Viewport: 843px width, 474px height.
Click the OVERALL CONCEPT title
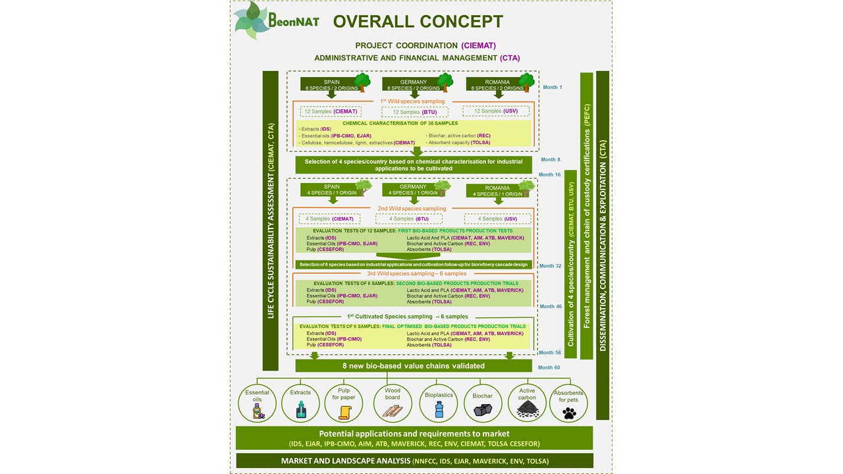(418, 21)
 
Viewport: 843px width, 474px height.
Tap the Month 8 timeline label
(550, 159)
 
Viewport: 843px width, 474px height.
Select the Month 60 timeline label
(549, 367)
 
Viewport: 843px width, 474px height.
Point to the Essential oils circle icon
(257, 403)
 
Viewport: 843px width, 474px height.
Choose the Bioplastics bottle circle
(438, 403)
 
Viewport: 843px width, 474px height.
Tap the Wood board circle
(393, 403)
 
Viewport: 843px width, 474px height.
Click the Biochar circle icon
(483, 403)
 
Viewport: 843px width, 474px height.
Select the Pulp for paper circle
(344, 403)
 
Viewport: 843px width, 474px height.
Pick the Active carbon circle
(527, 403)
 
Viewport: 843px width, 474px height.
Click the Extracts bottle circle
(300, 403)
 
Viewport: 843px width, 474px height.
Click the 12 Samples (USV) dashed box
(495, 111)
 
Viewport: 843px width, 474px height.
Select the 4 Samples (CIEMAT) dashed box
(330, 219)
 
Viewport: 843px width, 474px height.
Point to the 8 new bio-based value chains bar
(413, 366)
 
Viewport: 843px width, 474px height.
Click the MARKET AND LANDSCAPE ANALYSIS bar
(414, 461)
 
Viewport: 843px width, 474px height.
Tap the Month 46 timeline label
(551, 307)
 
